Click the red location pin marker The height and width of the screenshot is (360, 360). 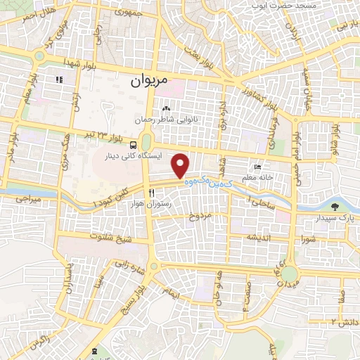click(x=181, y=166)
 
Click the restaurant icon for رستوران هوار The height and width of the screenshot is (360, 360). click(x=150, y=193)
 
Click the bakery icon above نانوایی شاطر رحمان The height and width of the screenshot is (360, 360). click(x=167, y=109)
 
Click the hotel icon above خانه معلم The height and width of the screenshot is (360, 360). click(x=259, y=167)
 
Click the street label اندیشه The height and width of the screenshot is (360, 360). click(x=259, y=237)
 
